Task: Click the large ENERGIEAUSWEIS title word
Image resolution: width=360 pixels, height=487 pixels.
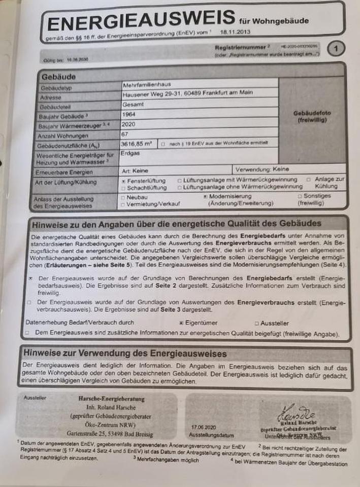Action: [x=141, y=22]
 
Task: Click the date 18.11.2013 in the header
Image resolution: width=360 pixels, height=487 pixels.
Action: [x=235, y=31]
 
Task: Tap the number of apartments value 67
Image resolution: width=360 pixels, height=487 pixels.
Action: [x=125, y=134]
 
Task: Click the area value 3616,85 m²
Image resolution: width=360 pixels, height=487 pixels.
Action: [x=137, y=145]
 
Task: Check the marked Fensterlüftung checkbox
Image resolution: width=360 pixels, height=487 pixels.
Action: [x=123, y=181]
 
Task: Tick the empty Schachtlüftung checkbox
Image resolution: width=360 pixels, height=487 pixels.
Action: [x=123, y=188]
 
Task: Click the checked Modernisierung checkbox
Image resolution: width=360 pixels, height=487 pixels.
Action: [x=205, y=196]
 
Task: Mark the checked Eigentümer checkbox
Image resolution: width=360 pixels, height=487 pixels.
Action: [x=182, y=323]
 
